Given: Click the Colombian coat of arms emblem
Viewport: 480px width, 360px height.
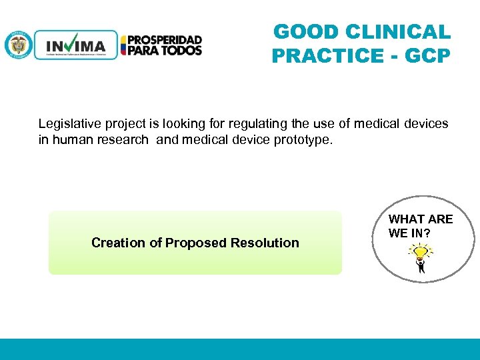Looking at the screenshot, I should point(18,45).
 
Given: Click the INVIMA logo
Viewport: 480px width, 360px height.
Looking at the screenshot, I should point(75,45).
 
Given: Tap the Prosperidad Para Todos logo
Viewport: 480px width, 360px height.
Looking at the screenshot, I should point(161,45).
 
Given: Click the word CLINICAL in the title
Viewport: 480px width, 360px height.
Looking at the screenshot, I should point(398,32).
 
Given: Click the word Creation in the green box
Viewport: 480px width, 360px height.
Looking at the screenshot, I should point(118,243).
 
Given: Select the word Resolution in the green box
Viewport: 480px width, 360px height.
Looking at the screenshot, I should point(265,243).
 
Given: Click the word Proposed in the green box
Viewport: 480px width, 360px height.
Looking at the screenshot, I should point(197,243).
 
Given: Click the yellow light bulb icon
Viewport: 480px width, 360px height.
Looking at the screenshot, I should point(420,252).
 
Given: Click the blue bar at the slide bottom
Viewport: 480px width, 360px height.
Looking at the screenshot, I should point(240,349).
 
